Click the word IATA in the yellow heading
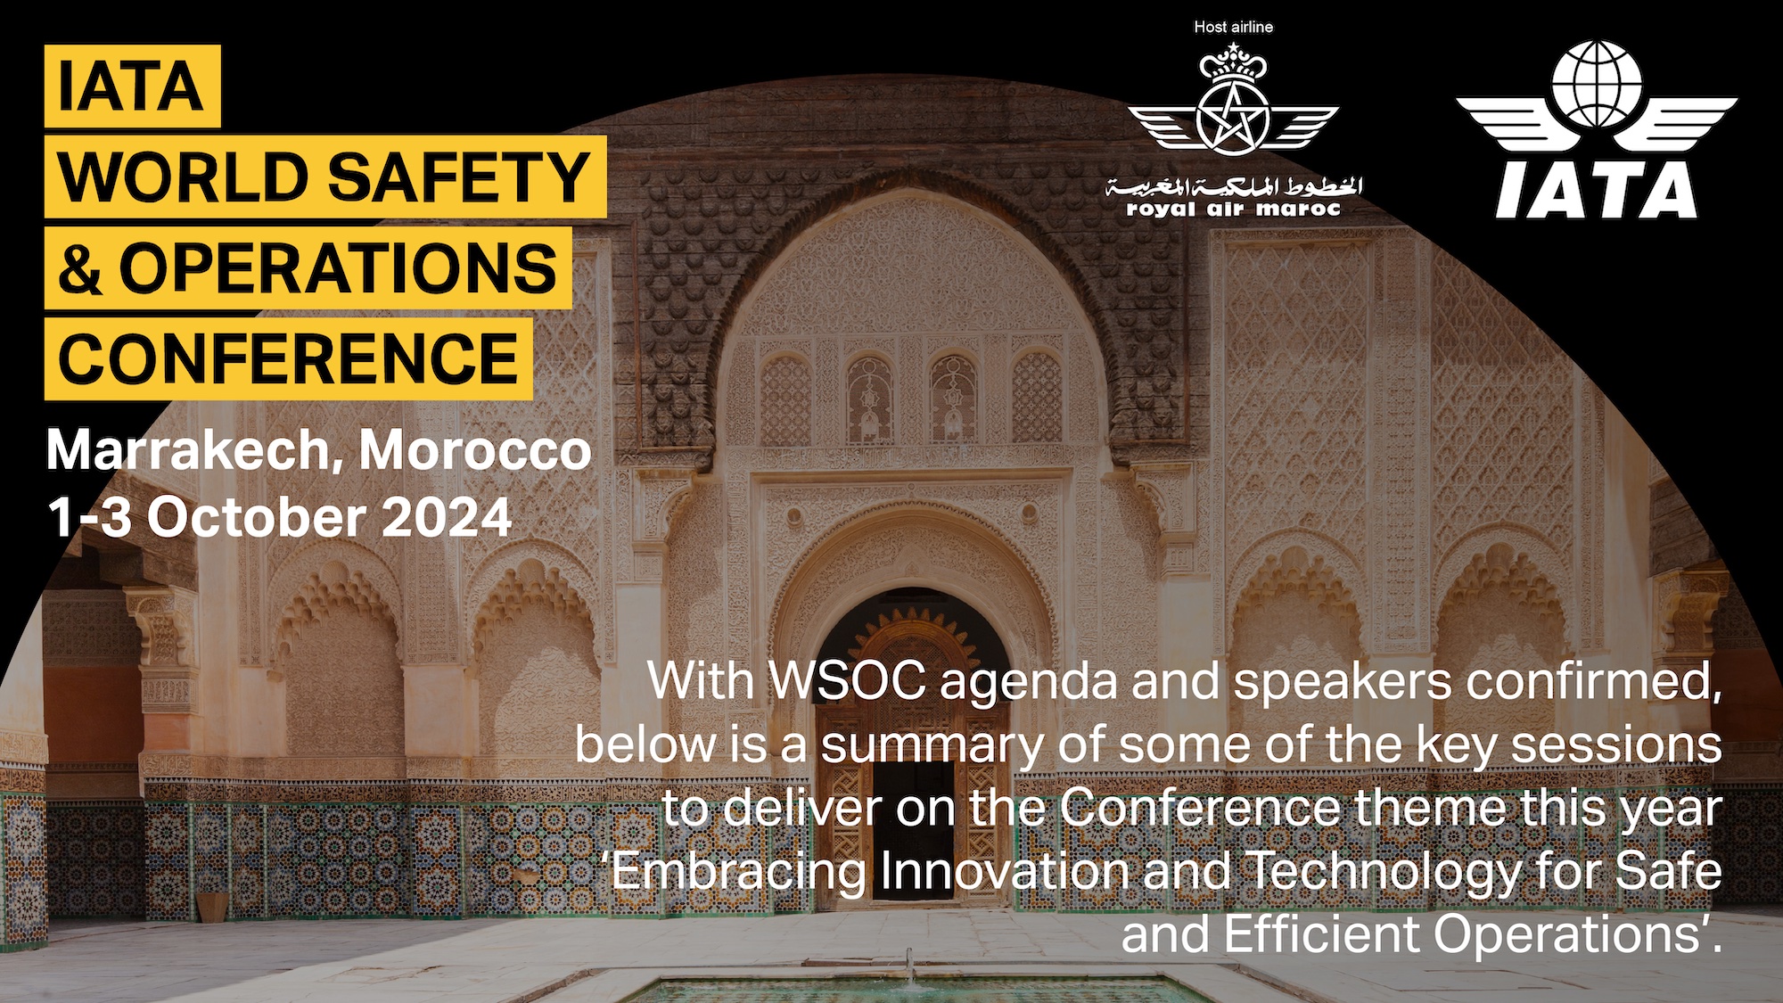131,86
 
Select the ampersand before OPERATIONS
80,268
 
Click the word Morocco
475,450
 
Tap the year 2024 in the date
447,517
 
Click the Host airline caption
1234,28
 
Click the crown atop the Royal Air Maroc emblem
1234,61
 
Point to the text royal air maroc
1234,210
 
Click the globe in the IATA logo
1597,85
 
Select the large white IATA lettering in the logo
1597,190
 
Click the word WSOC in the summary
848,681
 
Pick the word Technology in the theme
1383,871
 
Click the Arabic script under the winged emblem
1234,186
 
